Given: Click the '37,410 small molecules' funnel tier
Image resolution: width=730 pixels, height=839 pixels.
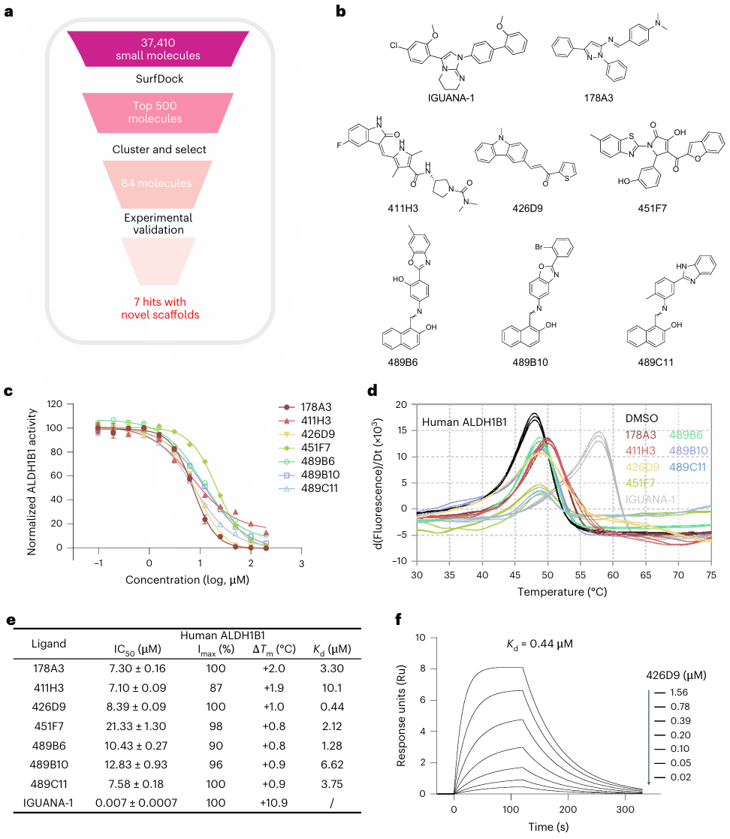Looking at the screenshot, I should point(158,47).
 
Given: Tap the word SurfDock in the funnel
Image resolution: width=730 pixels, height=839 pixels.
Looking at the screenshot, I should point(158,78).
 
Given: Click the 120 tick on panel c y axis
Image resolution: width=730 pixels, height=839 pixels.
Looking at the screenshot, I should point(55,404).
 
